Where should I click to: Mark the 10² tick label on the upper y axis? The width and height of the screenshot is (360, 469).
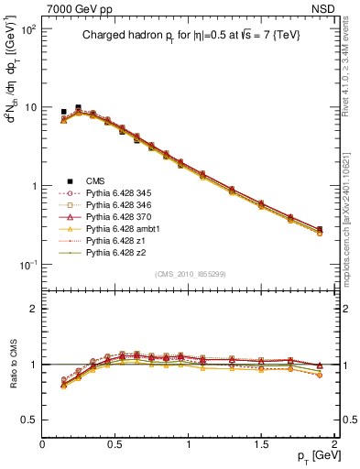tap(27, 29)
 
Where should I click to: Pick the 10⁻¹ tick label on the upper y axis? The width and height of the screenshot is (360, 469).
tap(27, 265)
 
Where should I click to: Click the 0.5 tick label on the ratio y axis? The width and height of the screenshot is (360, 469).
tap(29, 419)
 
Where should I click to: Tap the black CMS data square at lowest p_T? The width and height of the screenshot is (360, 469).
tap(63, 112)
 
